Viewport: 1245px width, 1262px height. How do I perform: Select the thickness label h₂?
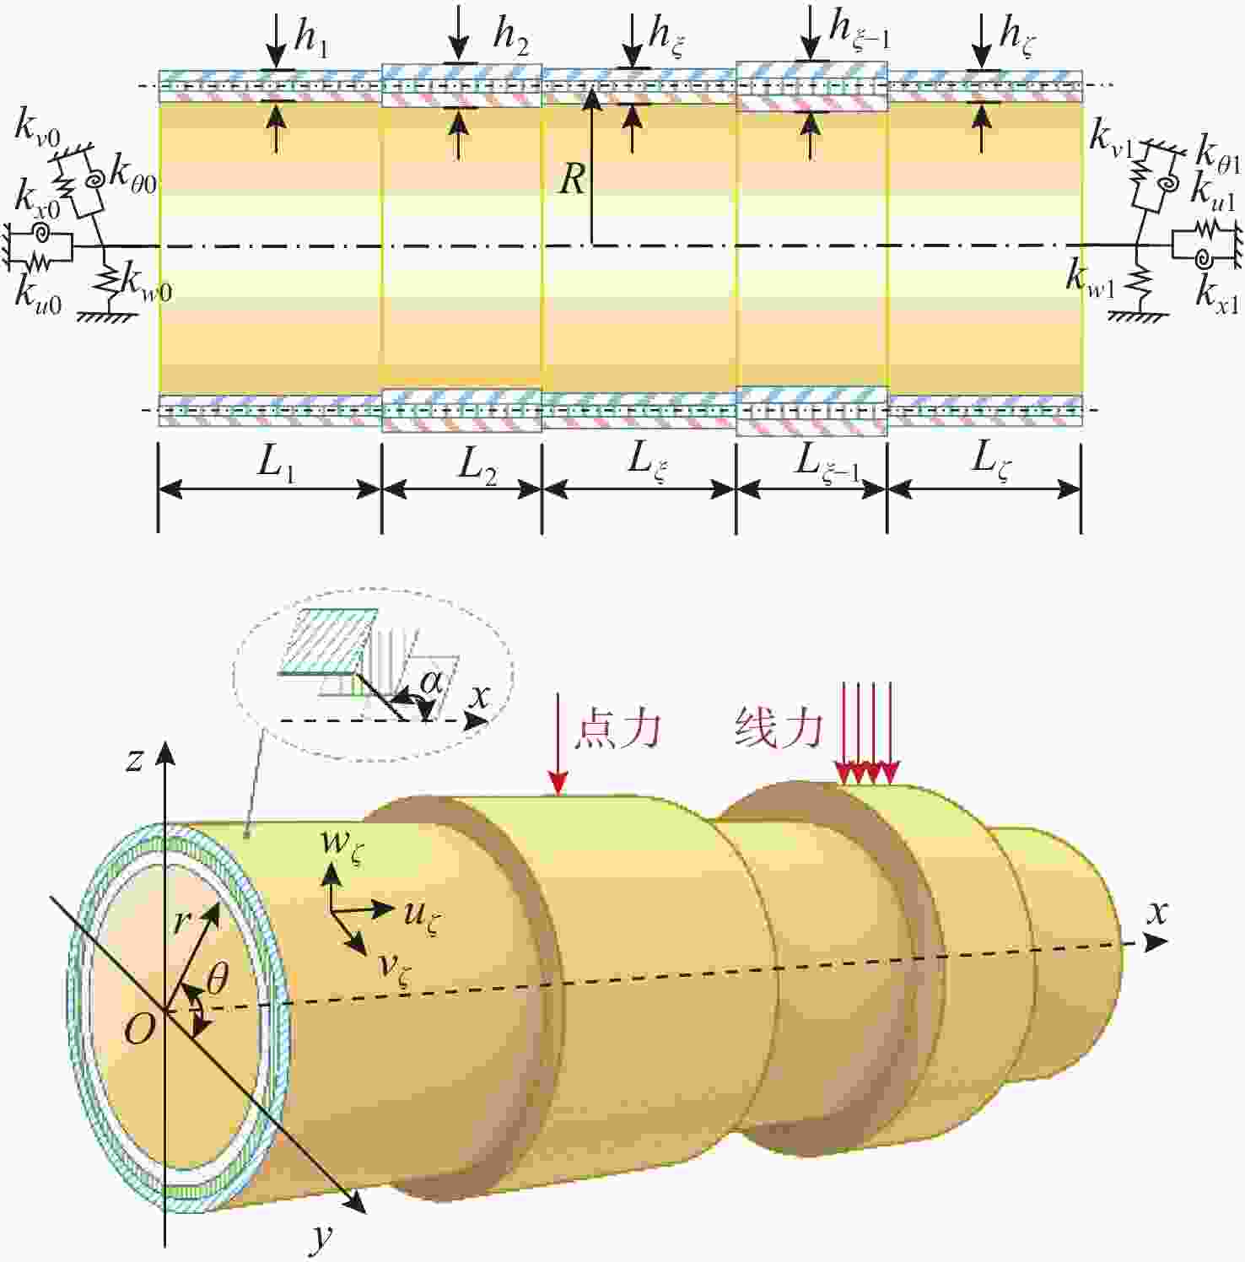pos(511,36)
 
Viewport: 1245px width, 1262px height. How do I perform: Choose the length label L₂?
pos(477,465)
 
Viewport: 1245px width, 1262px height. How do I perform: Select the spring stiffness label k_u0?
pos(39,294)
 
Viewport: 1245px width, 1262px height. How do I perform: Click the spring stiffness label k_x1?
pos(1217,295)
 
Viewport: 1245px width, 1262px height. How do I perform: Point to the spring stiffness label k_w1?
pos(1089,279)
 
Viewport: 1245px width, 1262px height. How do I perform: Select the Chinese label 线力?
pos(778,727)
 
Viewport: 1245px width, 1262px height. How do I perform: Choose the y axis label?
pos(322,1237)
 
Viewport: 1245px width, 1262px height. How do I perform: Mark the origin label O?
pos(139,1029)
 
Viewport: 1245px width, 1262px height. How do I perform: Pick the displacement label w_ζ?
pos(342,844)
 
